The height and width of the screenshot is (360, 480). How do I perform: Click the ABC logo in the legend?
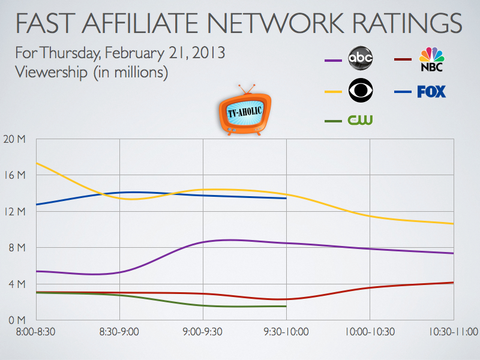[361, 59]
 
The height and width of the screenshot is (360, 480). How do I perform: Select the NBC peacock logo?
[432, 59]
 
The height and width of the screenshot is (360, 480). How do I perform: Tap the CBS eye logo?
[361, 92]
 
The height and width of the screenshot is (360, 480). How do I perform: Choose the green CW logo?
[361, 121]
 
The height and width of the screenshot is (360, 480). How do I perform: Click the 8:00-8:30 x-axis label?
[36, 331]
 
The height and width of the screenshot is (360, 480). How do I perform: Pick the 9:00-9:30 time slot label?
[203, 331]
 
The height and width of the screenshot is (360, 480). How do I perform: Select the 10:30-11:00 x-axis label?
[453, 331]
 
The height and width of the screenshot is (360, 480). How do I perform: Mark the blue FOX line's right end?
[286, 198]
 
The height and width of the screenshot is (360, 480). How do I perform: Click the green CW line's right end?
[286, 306]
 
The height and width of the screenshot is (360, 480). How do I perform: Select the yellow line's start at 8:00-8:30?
[37, 163]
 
